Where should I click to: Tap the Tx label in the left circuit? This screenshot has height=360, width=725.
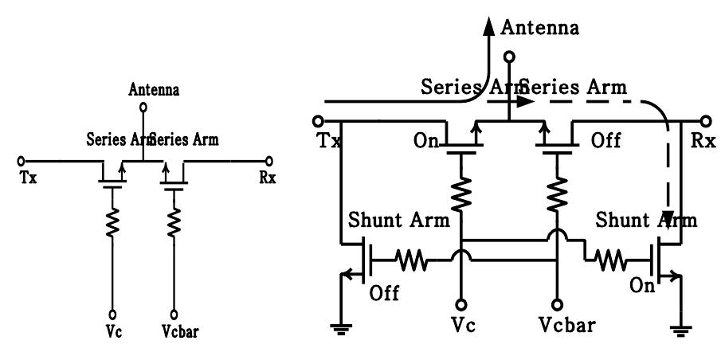pos(29,177)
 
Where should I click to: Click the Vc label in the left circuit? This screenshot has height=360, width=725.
pos(114,326)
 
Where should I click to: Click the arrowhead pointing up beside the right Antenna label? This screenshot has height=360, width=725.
pos(487,29)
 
